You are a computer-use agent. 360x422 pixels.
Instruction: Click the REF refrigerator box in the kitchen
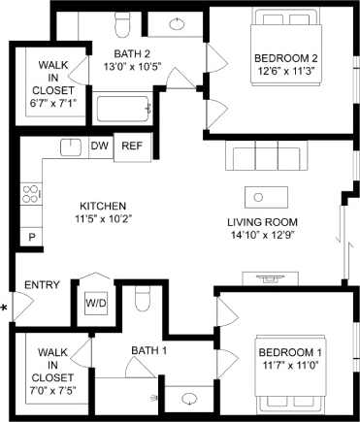click(x=130, y=147)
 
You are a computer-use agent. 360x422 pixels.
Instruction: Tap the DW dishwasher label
click(x=98, y=147)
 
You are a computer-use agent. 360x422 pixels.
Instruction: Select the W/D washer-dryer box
click(x=96, y=302)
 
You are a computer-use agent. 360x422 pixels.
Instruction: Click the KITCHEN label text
click(x=103, y=206)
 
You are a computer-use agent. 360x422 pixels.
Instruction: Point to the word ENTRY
click(x=42, y=285)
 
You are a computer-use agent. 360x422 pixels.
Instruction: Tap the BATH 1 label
click(x=149, y=349)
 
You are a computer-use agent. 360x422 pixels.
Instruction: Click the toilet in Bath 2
click(x=121, y=22)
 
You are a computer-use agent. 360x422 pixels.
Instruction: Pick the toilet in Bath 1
click(x=142, y=298)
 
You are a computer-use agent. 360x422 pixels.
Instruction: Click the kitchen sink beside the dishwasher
click(x=69, y=147)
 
